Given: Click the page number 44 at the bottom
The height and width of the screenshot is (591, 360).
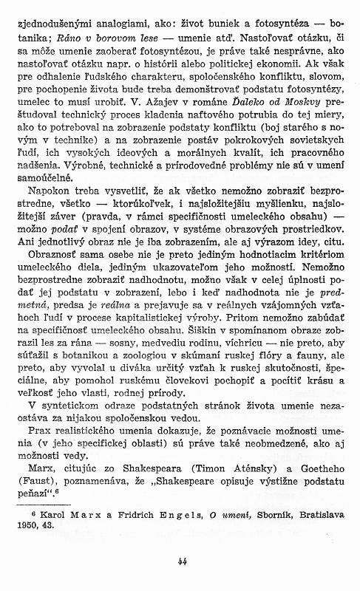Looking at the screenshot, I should coord(180,560).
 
